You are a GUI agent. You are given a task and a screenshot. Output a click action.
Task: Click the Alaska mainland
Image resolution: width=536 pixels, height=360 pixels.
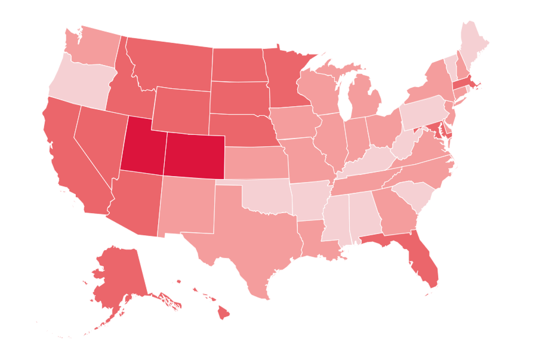(x=116, y=275)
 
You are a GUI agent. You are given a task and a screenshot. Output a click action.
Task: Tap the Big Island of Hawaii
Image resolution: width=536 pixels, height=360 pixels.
(x=223, y=312)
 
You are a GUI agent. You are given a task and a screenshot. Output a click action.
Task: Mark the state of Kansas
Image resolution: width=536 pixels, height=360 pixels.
(x=254, y=161)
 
